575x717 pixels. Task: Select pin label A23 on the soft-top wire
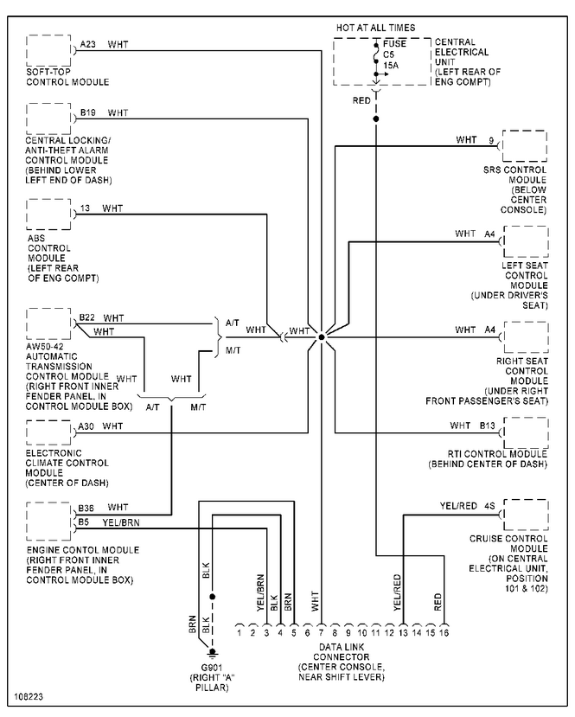pyautogui.click(x=88, y=44)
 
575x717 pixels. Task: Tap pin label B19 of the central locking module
pyautogui.click(x=88, y=112)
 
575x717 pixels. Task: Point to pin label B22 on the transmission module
pyautogui.click(x=86, y=318)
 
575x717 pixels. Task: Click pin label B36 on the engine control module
pyautogui.click(x=86, y=507)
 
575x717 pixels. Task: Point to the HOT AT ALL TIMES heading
pyautogui.click(x=375, y=27)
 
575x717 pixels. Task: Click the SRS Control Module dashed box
pyautogui.click(x=525, y=147)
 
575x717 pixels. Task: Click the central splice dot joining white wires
pyautogui.click(x=321, y=336)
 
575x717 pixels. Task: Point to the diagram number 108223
pyautogui.click(x=28, y=695)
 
